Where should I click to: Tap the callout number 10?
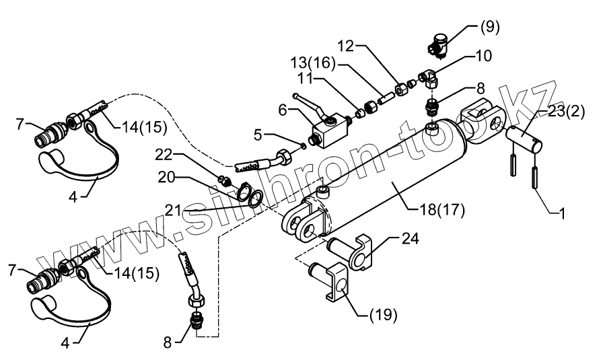point(483,56)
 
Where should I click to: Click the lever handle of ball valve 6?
point(306,104)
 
